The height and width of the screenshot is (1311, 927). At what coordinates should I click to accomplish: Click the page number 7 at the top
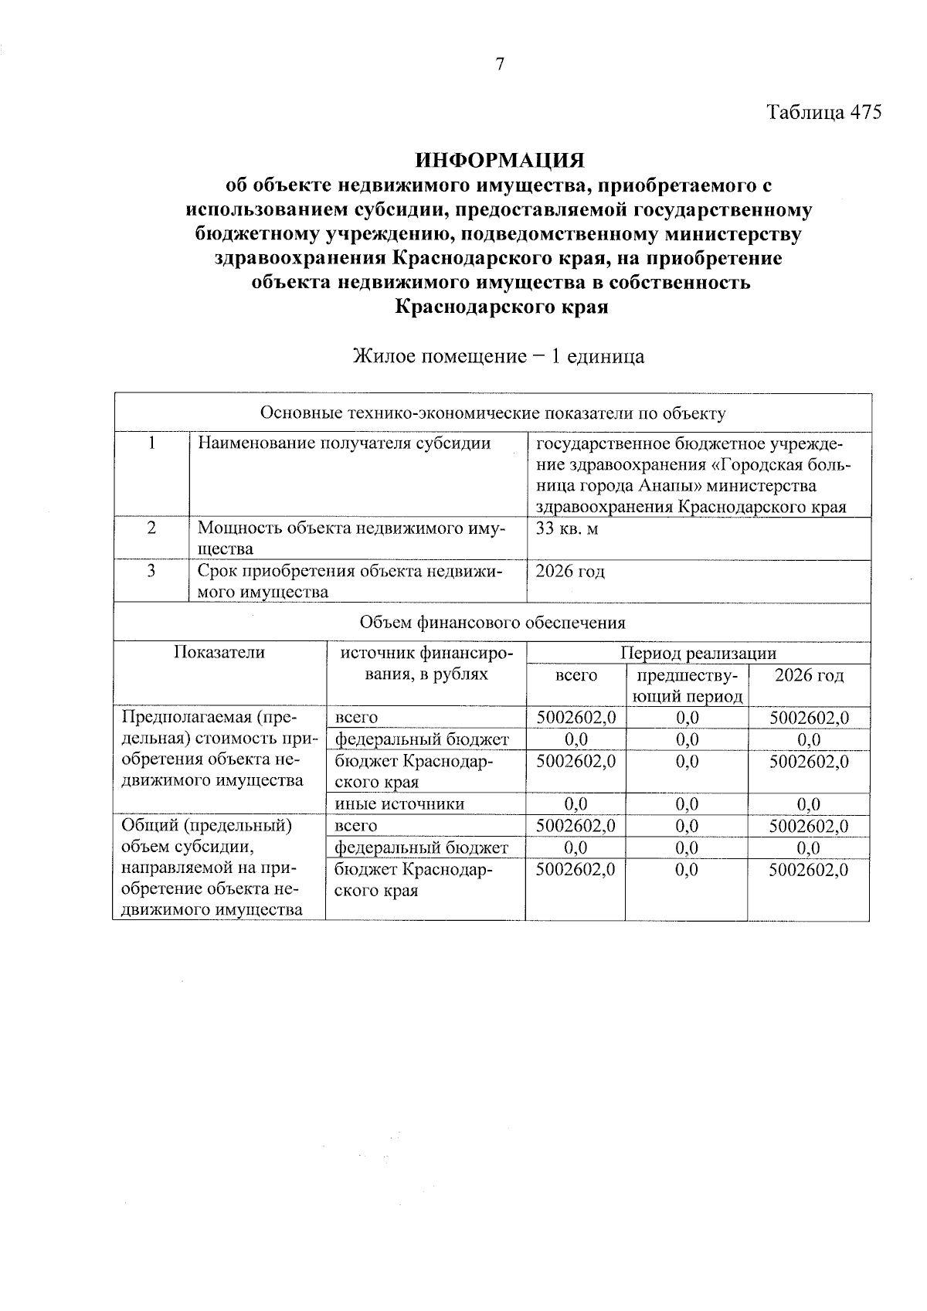(x=500, y=64)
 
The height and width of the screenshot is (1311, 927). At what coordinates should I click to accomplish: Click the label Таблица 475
(x=823, y=112)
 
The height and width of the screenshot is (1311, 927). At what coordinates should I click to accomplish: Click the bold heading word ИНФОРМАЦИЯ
(x=500, y=160)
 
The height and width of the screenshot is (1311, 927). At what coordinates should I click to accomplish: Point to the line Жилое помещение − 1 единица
(x=498, y=356)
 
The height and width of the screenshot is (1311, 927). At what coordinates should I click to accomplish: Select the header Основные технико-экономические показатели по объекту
(x=493, y=413)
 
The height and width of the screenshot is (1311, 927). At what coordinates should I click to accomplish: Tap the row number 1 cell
(x=152, y=443)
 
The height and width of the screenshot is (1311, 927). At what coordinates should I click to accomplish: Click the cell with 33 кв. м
(x=567, y=528)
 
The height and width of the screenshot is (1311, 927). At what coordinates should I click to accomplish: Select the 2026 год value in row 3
(x=570, y=571)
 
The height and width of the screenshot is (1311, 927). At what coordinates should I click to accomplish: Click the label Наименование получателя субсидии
(x=344, y=443)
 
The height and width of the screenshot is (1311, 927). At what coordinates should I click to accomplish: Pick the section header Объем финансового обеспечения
(x=493, y=622)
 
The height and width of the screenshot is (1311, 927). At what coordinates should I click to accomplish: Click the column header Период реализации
(x=698, y=653)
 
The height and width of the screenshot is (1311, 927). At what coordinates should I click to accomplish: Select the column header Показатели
(x=219, y=652)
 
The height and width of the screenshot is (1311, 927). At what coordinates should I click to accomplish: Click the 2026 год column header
(x=809, y=675)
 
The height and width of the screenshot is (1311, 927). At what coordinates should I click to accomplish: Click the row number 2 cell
(x=152, y=528)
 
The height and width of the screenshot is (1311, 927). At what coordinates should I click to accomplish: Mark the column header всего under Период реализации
(x=576, y=675)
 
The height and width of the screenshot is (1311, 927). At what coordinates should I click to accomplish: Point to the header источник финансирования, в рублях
(x=426, y=663)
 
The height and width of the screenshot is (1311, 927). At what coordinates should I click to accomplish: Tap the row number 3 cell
(x=152, y=571)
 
